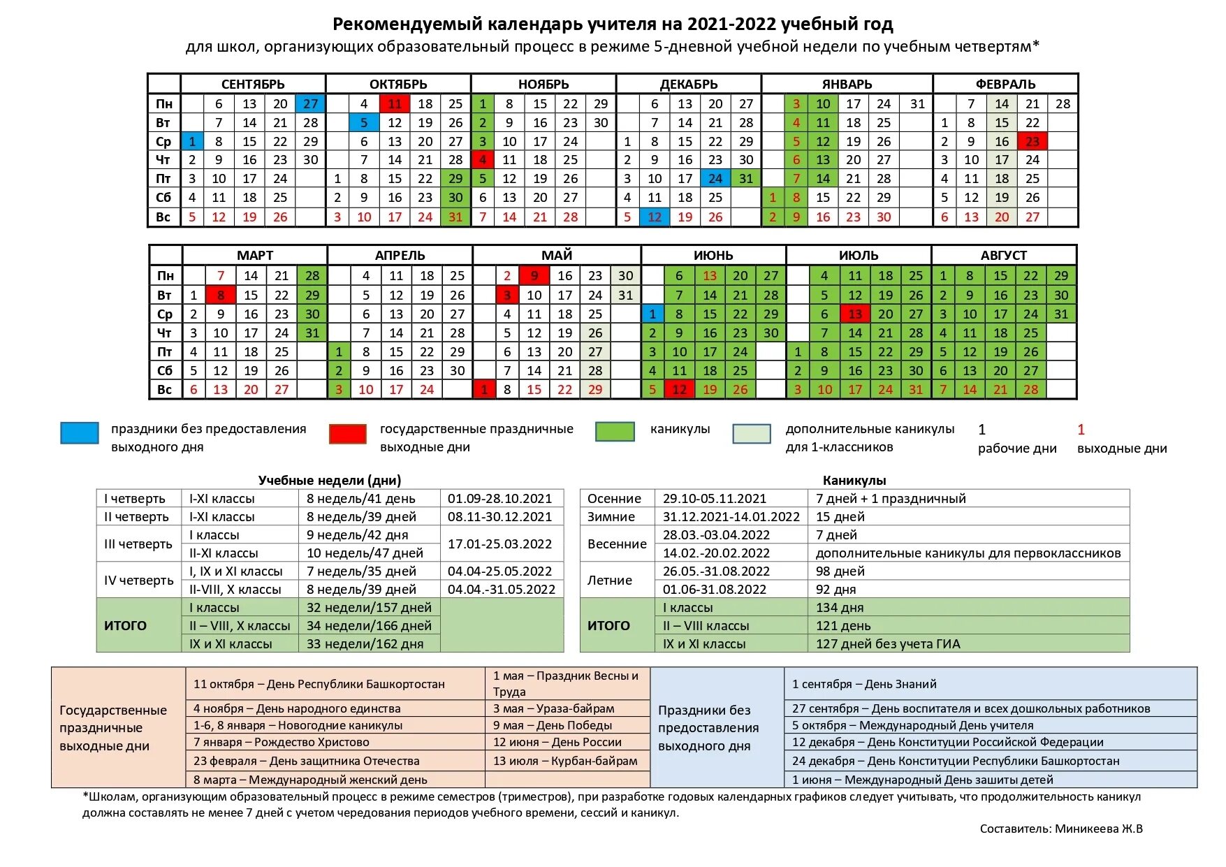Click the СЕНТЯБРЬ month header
click(x=253, y=84)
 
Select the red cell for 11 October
click(x=395, y=103)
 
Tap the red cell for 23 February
click(x=1032, y=141)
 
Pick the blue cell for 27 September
click(x=310, y=103)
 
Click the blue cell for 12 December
click(x=655, y=217)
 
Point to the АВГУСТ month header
click(x=1003, y=255)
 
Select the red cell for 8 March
click(x=221, y=295)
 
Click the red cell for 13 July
click(x=854, y=314)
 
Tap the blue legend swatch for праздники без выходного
click(x=80, y=433)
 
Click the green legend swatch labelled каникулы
click(x=615, y=432)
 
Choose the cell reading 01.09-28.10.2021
click(x=500, y=498)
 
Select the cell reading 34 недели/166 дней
click(x=369, y=625)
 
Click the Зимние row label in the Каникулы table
click(x=611, y=516)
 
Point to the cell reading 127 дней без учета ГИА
click(x=888, y=643)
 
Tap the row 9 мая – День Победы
click(x=553, y=725)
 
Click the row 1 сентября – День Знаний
click(x=864, y=684)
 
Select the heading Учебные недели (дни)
click(x=329, y=480)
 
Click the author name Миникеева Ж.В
click(x=1098, y=829)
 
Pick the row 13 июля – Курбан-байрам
click(x=565, y=761)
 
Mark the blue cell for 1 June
click(x=652, y=314)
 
